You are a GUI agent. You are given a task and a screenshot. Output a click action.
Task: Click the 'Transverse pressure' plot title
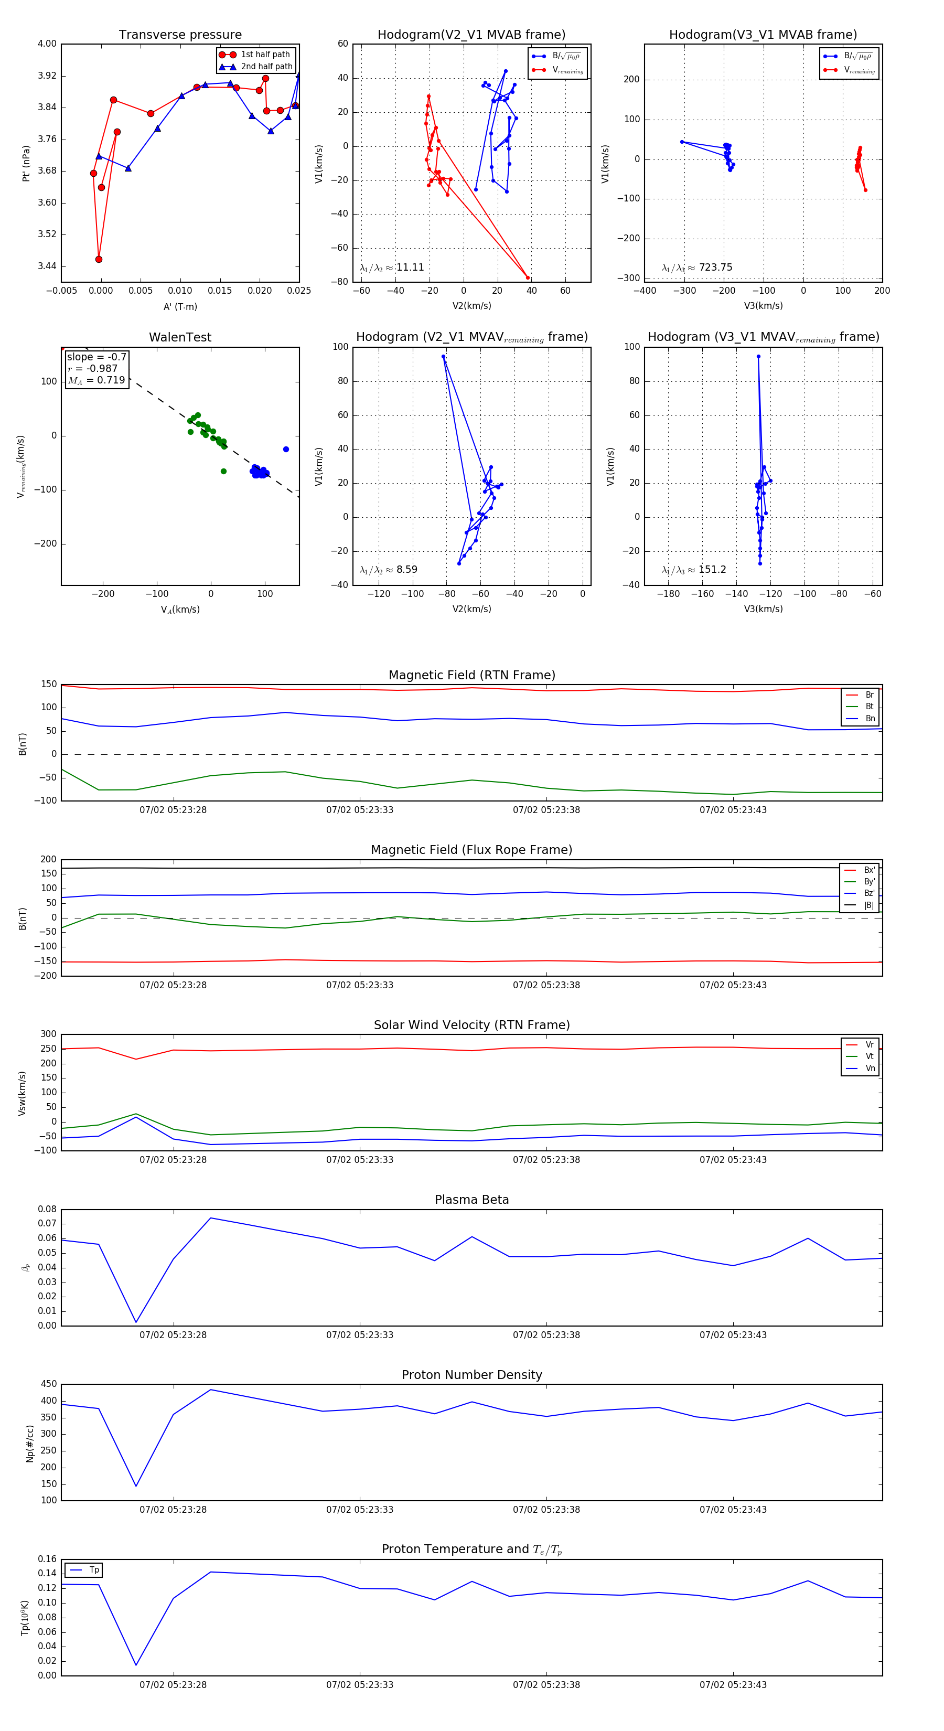[180, 35]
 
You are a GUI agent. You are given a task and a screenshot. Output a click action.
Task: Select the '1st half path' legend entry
[265, 55]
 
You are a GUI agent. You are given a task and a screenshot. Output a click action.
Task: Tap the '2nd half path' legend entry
[266, 67]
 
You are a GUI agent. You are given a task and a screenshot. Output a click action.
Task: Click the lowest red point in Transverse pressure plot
[99, 259]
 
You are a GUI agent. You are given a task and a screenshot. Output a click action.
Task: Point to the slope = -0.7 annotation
[96, 357]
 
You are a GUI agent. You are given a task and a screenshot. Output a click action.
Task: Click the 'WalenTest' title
[180, 337]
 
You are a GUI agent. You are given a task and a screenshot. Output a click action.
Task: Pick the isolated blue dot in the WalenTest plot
[286, 449]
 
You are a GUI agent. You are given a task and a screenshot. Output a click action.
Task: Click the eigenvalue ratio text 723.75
[715, 268]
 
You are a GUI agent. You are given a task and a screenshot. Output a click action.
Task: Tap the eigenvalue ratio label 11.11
[409, 268]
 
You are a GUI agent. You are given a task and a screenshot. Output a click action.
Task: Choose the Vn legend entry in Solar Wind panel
[870, 1068]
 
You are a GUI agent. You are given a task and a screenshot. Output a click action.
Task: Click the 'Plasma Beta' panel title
[471, 1200]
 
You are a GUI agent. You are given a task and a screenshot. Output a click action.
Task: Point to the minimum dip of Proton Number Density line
[136, 1486]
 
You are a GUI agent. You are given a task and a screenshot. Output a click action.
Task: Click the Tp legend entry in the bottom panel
[93, 1570]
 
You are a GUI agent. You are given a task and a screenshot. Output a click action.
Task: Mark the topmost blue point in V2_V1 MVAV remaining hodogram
[444, 357]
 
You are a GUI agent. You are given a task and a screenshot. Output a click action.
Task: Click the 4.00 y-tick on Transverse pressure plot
[47, 44]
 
